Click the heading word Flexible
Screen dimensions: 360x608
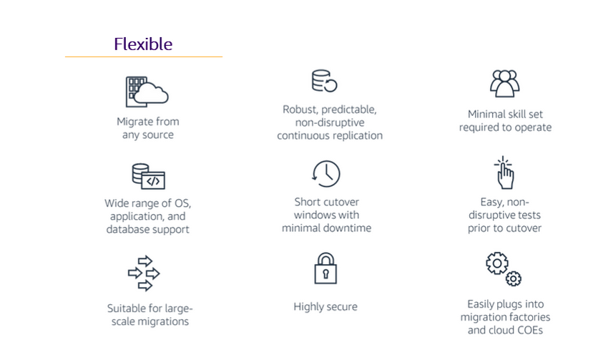pyautogui.click(x=143, y=44)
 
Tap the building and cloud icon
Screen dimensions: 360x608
pyautogui.click(x=147, y=91)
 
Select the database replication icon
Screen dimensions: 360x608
pyautogui.click(x=324, y=81)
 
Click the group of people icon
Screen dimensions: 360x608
pyautogui.click(x=504, y=83)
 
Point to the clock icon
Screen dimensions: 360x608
pyautogui.click(x=326, y=174)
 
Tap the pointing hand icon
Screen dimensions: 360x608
pyautogui.click(x=504, y=173)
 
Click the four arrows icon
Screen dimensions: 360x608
pyautogui.click(x=144, y=273)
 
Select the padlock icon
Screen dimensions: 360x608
pyautogui.click(x=325, y=269)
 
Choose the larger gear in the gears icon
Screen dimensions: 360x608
pyautogui.click(x=496, y=263)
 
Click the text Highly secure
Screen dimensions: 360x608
pyautogui.click(x=325, y=307)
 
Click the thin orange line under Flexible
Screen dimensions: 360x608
pyautogui.click(x=143, y=57)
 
